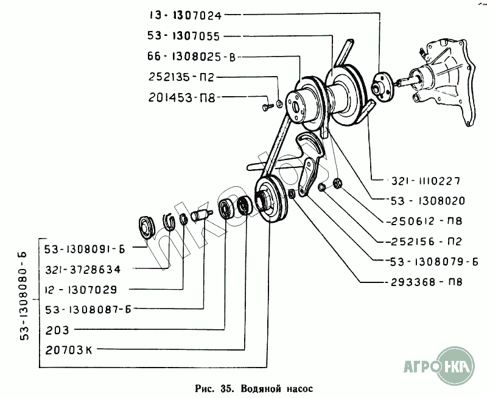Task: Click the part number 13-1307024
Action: click(186, 16)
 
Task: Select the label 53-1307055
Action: click(184, 37)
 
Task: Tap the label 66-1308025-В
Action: click(192, 57)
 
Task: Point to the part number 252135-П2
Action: click(181, 77)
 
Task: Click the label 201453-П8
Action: click(181, 98)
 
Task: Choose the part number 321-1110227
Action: click(426, 181)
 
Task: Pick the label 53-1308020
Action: click(428, 201)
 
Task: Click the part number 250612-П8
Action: click(425, 221)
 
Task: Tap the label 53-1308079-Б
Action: click(434, 262)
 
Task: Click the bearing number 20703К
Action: click(69, 350)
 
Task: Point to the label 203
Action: click(57, 330)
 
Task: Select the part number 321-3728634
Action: click(83, 270)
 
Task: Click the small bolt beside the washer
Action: click(267, 106)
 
